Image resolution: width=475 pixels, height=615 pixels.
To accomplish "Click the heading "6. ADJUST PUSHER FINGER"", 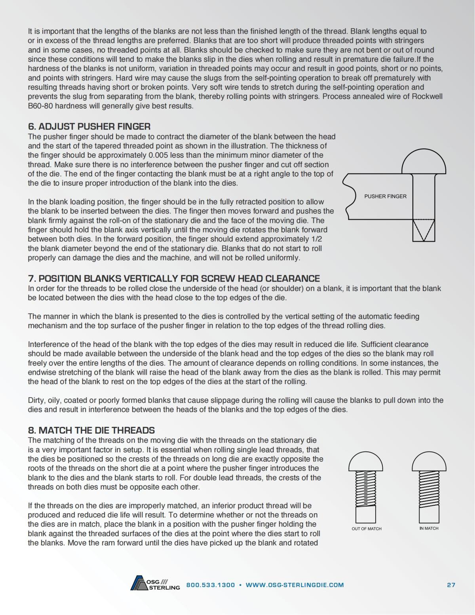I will [89, 127].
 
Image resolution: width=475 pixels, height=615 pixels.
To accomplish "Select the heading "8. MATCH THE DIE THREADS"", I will [91, 430].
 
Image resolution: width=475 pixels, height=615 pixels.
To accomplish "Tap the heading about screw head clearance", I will [174, 278].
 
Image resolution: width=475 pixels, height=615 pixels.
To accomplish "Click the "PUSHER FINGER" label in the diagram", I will [385, 196].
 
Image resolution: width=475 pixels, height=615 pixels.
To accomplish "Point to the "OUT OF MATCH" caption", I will [367, 529].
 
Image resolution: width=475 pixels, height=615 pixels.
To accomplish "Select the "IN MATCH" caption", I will [429, 528].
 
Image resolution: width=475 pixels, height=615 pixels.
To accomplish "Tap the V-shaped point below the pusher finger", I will [424, 230].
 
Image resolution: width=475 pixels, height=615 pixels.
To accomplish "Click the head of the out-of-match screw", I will [366, 462].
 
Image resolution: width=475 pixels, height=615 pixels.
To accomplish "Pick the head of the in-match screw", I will [429, 462].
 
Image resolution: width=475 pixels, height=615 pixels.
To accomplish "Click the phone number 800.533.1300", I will [210, 585].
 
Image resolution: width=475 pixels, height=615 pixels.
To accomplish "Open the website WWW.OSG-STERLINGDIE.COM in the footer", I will [294, 585].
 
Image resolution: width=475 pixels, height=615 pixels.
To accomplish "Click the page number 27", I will [451, 585].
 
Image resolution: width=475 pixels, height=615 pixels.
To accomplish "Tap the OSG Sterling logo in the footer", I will [155, 583].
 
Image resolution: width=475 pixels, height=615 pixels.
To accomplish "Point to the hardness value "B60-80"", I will [40, 106].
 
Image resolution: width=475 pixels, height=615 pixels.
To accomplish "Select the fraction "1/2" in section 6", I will [314, 239].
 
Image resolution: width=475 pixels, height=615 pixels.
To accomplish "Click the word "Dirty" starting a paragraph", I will [36, 400].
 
